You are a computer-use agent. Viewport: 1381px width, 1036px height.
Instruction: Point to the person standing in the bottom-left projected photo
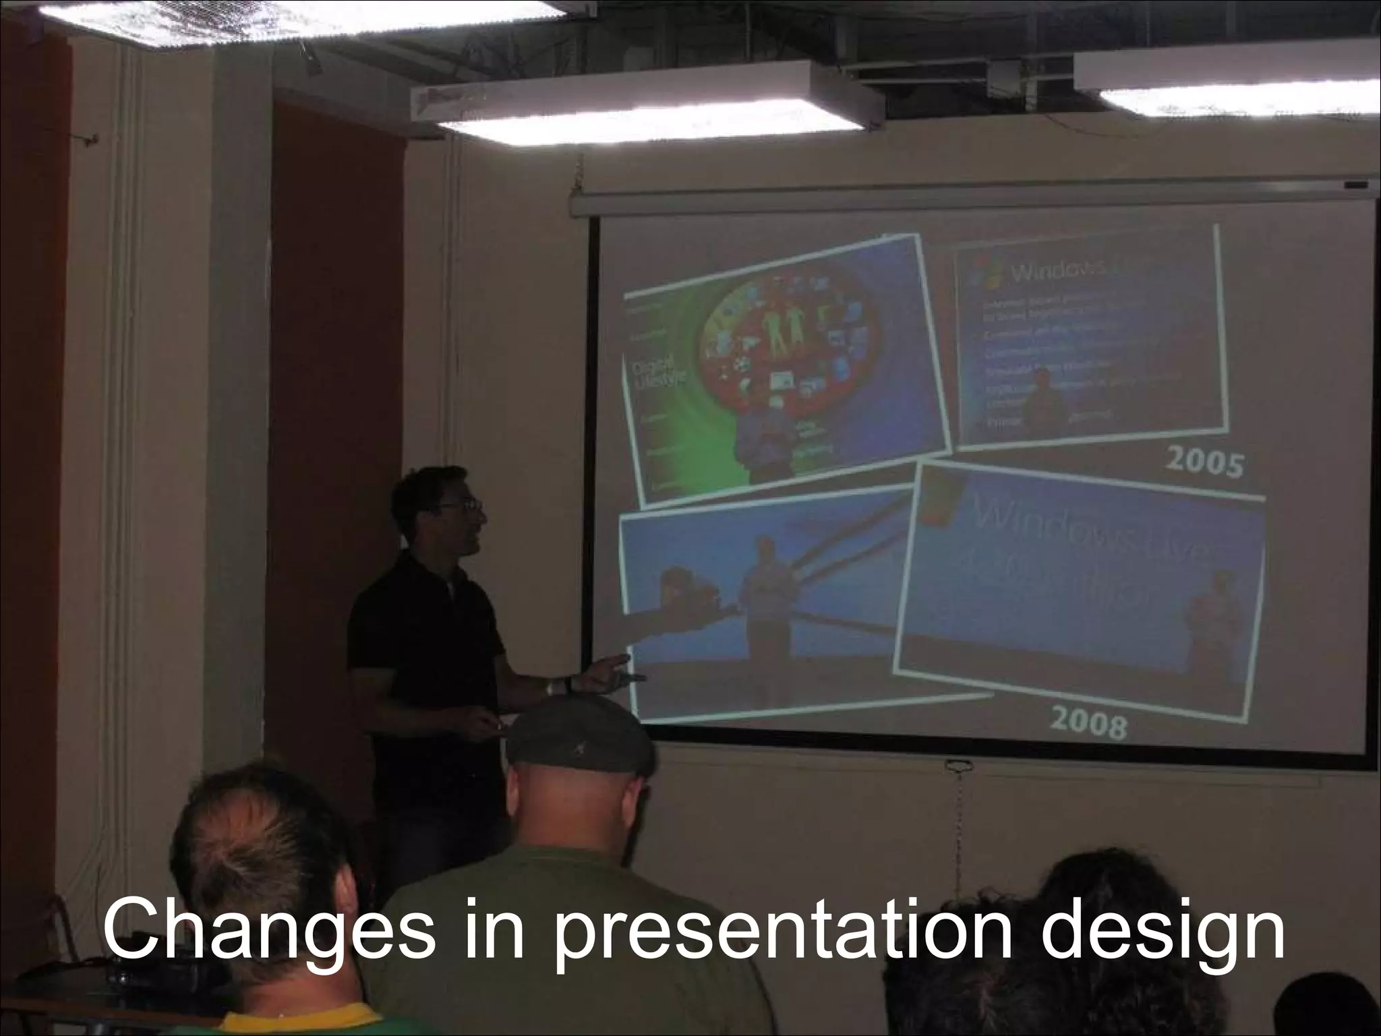(x=765, y=607)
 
